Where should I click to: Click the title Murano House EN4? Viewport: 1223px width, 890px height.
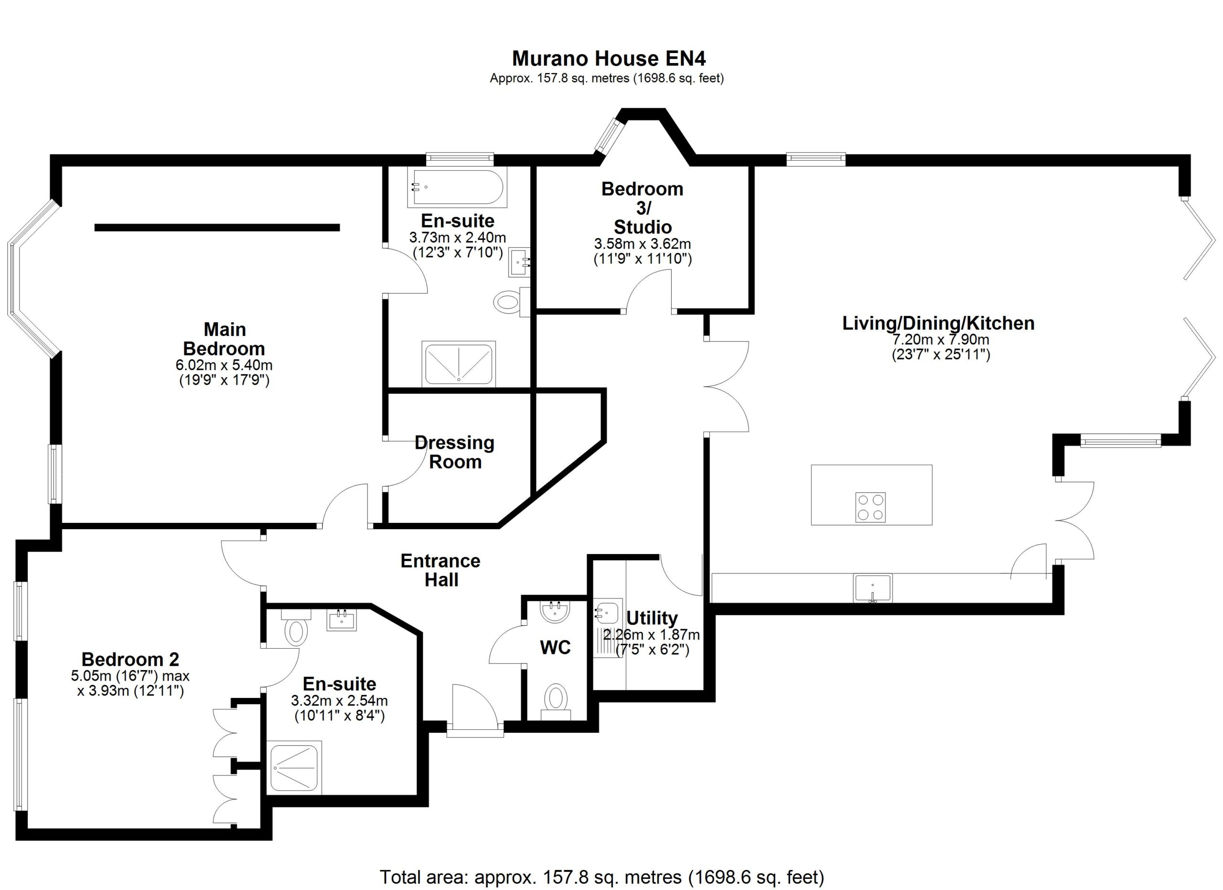click(609, 58)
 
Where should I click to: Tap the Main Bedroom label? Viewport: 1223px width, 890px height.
click(225, 339)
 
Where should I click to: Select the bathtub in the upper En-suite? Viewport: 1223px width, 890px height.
click(457, 188)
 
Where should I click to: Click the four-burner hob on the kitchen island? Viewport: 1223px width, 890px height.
click(870, 508)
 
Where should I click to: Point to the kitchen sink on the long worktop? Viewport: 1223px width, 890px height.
click(872, 588)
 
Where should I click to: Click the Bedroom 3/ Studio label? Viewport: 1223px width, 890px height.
click(642, 207)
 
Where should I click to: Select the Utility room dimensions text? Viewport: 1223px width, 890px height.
click(652, 642)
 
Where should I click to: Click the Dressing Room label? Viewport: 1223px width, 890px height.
click(455, 452)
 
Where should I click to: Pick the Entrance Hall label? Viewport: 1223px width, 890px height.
click(440, 570)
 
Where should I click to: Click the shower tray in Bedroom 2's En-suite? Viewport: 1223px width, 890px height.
click(294, 768)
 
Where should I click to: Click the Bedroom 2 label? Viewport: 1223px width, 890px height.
click(130, 659)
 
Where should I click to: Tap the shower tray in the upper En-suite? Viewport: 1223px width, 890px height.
click(459, 364)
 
